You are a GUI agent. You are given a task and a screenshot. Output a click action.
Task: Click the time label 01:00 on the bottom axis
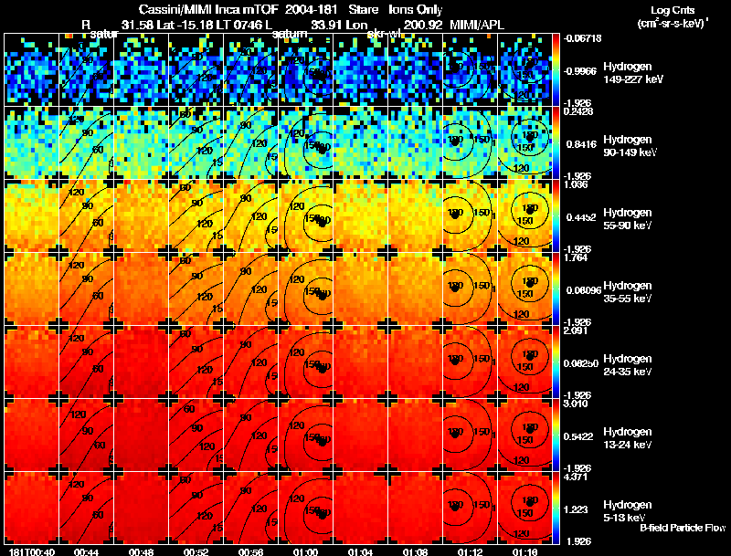click(x=305, y=551)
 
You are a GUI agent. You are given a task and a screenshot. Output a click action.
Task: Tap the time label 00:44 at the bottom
click(x=86, y=551)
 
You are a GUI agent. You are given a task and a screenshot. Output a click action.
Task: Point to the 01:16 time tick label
click(x=524, y=551)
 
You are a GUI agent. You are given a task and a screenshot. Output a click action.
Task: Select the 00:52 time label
click(x=196, y=551)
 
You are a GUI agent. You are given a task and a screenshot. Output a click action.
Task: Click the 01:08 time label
click(x=415, y=551)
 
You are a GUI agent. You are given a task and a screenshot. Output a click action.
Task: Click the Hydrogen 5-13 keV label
click(x=628, y=510)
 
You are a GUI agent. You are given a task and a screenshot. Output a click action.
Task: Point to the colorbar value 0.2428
click(x=577, y=111)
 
